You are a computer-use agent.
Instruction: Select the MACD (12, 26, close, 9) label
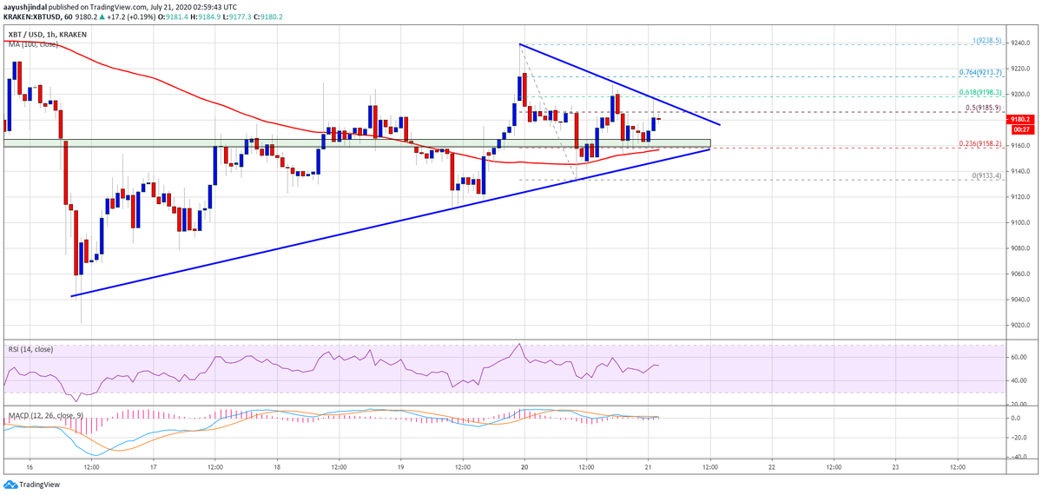(43, 405)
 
